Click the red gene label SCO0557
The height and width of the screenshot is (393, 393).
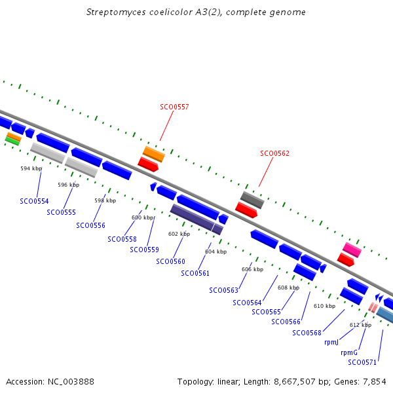(x=174, y=107)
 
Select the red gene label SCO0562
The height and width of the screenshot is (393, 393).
(x=274, y=153)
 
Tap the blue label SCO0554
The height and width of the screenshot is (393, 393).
(x=34, y=201)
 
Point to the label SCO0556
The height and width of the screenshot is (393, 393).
(x=90, y=225)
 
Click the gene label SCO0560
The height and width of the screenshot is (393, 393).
(x=170, y=261)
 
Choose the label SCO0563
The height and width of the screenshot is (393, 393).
(x=223, y=290)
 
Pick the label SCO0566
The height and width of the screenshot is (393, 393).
(x=286, y=322)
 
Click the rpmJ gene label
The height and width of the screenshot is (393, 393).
(x=331, y=342)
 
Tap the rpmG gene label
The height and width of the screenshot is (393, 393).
(x=349, y=352)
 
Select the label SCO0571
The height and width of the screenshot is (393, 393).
(x=362, y=362)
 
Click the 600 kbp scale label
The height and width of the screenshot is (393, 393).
(x=143, y=217)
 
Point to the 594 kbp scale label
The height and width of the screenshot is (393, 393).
(x=31, y=168)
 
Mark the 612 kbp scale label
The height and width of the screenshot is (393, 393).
(x=360, y=325)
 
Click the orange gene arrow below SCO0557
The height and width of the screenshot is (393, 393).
(x=154, y=154)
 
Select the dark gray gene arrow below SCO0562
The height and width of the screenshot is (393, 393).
(x=252, y=200)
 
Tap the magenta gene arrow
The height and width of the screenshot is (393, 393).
(x=352, y=250)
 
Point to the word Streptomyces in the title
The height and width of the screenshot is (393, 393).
(x=115, y=12)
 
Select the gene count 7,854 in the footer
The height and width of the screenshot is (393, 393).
(x=374, y=381)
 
